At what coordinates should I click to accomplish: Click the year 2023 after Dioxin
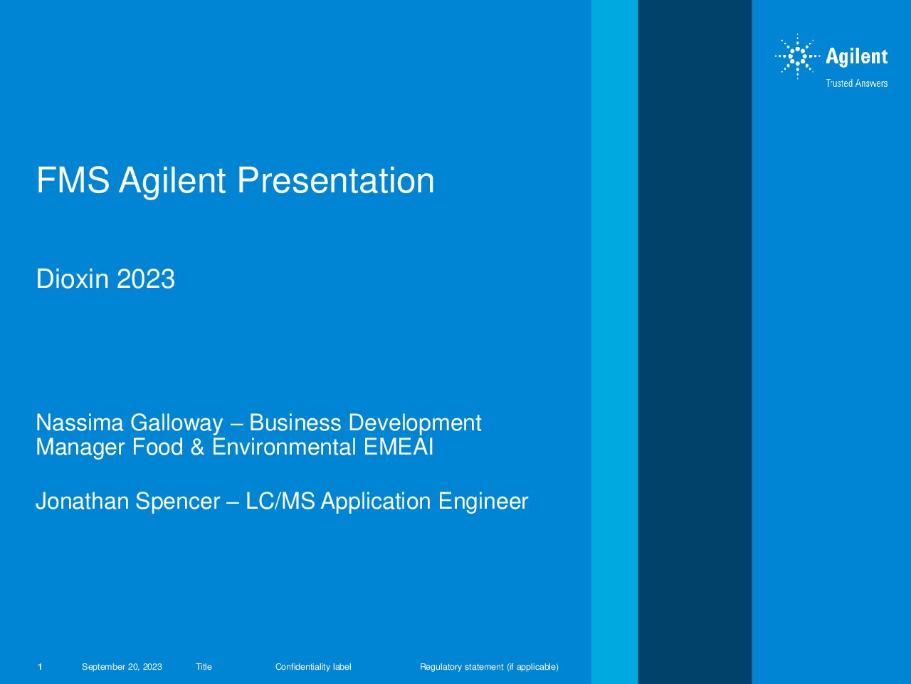tap(146, 279)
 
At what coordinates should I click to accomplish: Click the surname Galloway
tap(177, 424)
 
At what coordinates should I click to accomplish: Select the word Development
tap(415, 424)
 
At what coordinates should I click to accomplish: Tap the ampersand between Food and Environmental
tap(198, 447)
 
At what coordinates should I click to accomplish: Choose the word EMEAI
tap(399, 447)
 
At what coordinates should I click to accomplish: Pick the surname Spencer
tap(178, 502)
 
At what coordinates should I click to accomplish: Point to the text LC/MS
tap(280, 501)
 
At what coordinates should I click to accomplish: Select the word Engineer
tap(483, 502)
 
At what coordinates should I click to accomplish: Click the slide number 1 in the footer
tap(40, 667)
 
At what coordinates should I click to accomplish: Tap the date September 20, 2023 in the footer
tap(122, 667)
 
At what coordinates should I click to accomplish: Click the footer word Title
tap(204, 667)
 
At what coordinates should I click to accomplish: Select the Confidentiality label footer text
tap(313, 667)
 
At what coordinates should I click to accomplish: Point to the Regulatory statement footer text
tap(490, 667)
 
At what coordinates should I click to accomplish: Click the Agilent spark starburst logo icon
tap(797, 56)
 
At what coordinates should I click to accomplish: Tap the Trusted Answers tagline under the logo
tap(857, 83)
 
